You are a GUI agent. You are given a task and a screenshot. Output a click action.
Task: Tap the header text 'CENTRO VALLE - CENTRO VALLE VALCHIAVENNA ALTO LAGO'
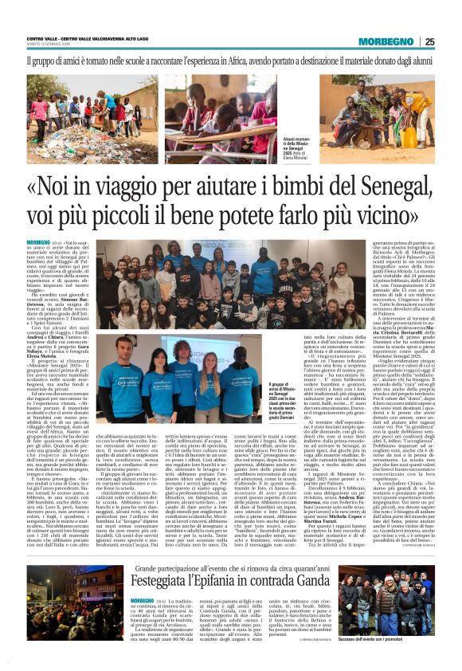coord(88,37)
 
